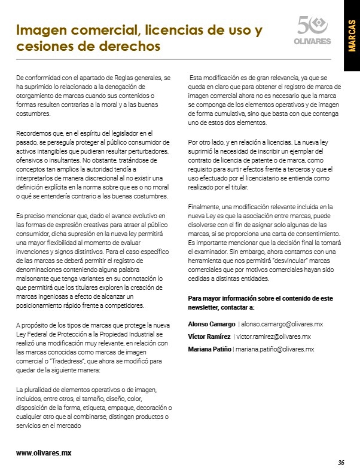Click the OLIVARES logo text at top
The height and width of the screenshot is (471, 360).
click(313, 41)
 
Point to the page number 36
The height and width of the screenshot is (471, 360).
click(341, 462)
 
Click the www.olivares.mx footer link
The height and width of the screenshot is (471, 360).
click(44, 452)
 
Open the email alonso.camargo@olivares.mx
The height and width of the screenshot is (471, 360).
click(280, 324)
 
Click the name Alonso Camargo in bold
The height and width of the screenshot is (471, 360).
click(211, 324)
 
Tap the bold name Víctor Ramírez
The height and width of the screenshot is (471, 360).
click(209, 337)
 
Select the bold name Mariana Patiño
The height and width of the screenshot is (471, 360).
click(209, 349)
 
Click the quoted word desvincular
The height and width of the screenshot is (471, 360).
click(267, 264)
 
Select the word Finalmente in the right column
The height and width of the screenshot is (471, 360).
click(205, 206)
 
